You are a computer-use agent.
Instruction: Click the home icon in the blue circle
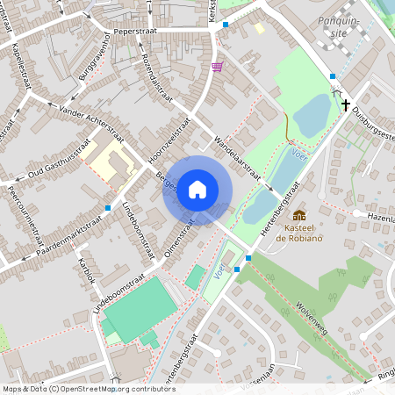pyautogui.click(x=197, y=190)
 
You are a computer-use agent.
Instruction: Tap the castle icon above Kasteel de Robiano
pyautogui.click(x=299, y=215)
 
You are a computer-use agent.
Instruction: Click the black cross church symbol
pyautogui.click(x=336, y=101)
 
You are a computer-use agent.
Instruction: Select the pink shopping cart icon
pyautogui.click(x=217, y=66)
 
